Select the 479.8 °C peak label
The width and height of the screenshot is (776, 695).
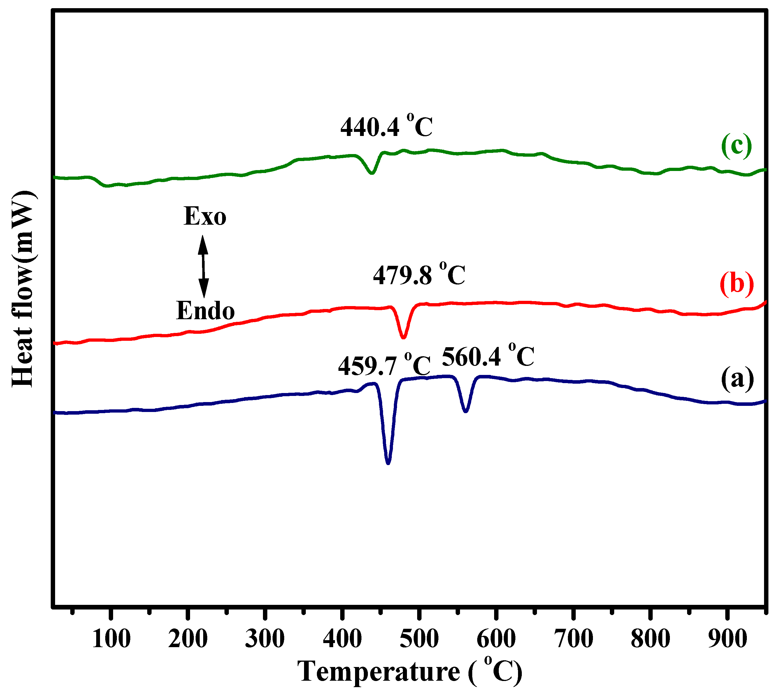419,275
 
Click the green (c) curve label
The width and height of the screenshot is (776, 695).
736,146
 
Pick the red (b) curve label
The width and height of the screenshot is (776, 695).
736,284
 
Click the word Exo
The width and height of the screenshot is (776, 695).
205,216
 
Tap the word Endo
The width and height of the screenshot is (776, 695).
205,310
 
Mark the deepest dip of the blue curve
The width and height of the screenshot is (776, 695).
388,462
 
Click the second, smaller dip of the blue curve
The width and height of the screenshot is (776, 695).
466,411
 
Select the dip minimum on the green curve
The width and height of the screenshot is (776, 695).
372,173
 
